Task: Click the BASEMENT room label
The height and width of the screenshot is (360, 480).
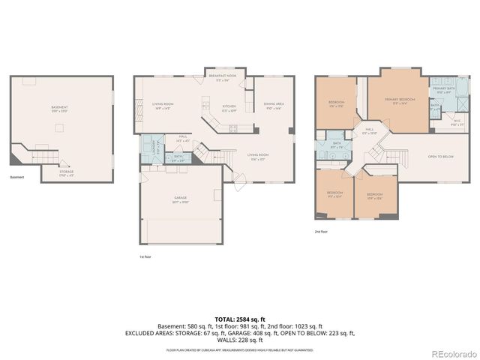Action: click(x=59, y=107)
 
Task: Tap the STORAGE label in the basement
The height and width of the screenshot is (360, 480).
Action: click(x=66, y=174)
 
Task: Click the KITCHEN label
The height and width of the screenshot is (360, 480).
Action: click(x=229, y=106)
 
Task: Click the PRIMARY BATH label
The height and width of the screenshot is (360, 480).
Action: click(x=443, y=88)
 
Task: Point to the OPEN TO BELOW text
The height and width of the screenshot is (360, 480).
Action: click(x=441, y=156)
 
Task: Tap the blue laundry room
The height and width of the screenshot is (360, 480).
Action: click(x=156, y=146)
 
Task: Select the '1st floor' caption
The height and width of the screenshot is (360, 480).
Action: click(x=144, y=257)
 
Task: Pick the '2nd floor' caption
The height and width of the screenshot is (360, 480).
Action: click(x=321, y=232)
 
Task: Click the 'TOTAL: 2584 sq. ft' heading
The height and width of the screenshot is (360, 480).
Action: click(x=239, y=320)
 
